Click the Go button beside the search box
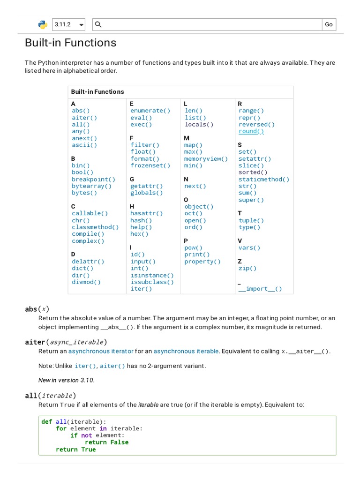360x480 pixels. click(x=329, y=24)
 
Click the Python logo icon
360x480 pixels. click(x=42, y=24)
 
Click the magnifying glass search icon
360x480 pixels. click(x=98, y=24)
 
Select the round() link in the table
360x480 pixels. click(x=251, y=131)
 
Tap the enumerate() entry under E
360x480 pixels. click(x=150, y=111)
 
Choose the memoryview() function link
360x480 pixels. click(x=206, y=159)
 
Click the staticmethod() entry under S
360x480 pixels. click(x=264, y=180)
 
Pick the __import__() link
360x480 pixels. click(x=260, y=289)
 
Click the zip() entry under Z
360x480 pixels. click(x=247, y=269)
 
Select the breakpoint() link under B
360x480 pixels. click(x=93, y=180)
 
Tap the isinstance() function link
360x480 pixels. click(x=152, y=276)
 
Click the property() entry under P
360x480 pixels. click(x=202, y=262)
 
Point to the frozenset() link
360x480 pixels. click(x=150, y=165)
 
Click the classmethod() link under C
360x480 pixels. click(x=95, y=227)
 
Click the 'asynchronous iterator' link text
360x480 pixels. click(x=101, y=351)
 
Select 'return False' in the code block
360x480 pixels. click(x=106, y=442)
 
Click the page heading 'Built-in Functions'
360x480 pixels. click(x=70, y=43)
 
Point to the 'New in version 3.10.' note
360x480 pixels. click(x=67, y=380)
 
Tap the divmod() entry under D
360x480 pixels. click(x=86, y=282)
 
